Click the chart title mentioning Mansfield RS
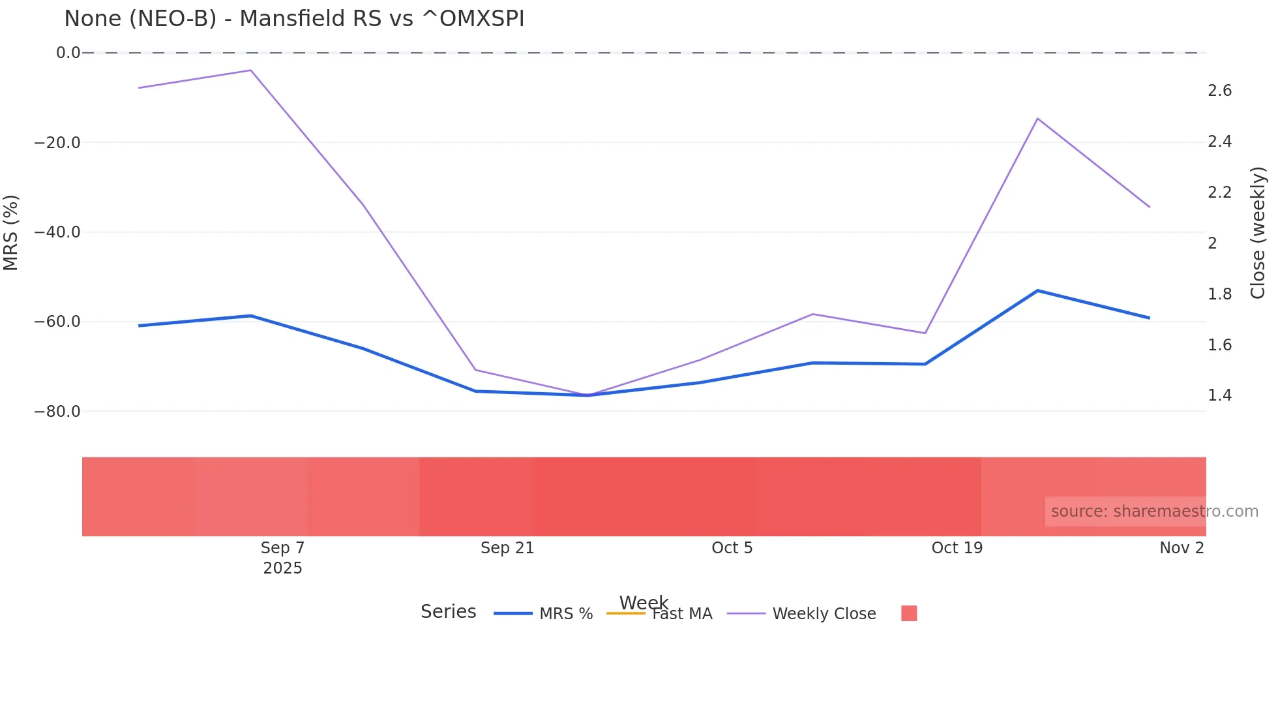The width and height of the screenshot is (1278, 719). click(294, 19)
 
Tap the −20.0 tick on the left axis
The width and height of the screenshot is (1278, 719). click(57, 143)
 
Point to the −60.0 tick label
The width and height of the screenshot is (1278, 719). click(57, 322)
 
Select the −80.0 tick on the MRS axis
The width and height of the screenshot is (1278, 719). click(57, 412)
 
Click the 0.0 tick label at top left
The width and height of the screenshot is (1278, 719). click(68, 53)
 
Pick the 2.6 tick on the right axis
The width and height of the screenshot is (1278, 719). click(1219, 91)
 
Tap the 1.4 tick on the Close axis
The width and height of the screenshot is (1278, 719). click(1219, 395)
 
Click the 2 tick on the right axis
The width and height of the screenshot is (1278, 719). click(1212, 243)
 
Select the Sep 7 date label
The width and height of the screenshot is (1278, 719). click(282, 548)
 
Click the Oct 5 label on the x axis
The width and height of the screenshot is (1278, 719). click(732, 548)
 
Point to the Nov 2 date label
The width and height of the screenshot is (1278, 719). click(1181, 548)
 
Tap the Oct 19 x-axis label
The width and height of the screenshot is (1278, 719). click(957, 548)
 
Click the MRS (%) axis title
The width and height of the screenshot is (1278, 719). click(11, 232)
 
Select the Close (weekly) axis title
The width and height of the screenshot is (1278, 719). click(1258, 233)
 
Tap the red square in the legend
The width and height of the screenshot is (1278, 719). click(909, 613)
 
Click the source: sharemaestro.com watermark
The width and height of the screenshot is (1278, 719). click(1154, 512)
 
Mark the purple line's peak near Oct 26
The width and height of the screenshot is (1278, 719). click(1037, 119)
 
